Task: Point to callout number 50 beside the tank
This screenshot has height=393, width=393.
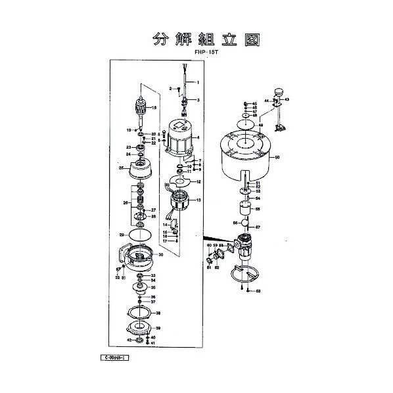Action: click(x=277, y=157)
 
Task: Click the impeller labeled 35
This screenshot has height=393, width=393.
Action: click(x=139, y=287)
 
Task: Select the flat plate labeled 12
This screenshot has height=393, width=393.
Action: click(x=177, y=181)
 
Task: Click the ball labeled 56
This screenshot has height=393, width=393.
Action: click(x=245, y=225)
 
